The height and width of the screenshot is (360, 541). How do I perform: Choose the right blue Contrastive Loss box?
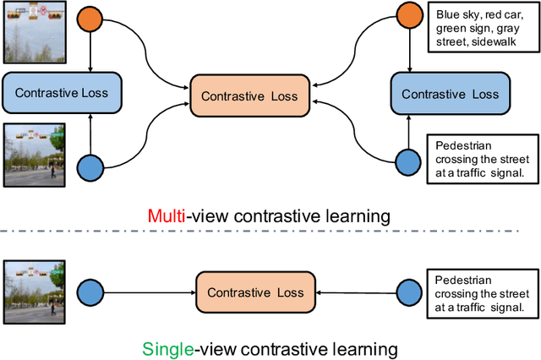click(x=450, y=93)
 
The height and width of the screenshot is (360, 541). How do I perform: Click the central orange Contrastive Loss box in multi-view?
click(x=249, y=96)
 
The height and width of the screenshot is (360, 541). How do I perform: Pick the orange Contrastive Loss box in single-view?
click(x=256, y=292)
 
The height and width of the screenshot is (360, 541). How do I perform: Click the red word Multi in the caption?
click(x=166, y=216)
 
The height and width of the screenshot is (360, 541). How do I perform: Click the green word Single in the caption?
click(x=166, y=348)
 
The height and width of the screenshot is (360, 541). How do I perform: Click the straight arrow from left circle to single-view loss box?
click(x=148, y=292)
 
